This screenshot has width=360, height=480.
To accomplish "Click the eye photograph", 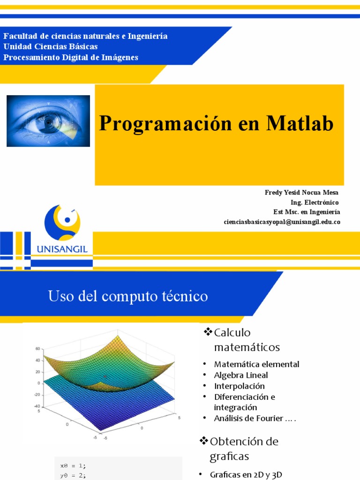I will (48, 121).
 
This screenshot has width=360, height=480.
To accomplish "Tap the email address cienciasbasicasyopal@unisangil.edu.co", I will (282, 222).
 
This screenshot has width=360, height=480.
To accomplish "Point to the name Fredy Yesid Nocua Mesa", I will (301, 193).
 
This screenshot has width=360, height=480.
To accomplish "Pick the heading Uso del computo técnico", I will (128, 296).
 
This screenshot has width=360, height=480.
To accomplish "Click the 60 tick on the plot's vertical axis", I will (38, 349).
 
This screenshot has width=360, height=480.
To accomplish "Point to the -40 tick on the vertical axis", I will (37, 406).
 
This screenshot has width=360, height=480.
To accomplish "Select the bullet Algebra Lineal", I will (241, 375).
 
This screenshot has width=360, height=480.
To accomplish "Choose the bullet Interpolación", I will (239, 386).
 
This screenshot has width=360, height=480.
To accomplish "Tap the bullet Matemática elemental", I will (256, 364).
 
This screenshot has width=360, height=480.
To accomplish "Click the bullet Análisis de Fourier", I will (255, 419).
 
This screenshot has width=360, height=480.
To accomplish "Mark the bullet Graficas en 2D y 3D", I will (247, 474).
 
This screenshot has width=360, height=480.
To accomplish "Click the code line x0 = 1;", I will (73, 465).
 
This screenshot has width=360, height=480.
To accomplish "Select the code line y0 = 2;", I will (73, 475).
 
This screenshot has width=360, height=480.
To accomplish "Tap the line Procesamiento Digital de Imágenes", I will (71, 57).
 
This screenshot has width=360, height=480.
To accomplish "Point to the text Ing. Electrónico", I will (315, 202).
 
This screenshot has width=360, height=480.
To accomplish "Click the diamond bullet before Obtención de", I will (204, 441).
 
